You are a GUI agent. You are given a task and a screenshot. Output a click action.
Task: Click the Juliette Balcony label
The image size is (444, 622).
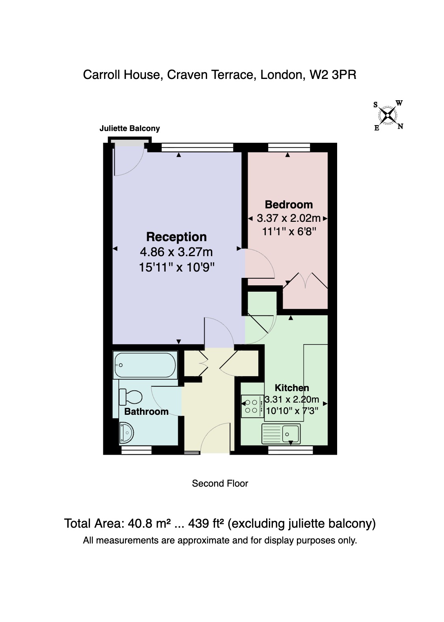(x=129, y=128)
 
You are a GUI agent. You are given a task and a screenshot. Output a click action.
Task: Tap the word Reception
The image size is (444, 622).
(x=176, y=237)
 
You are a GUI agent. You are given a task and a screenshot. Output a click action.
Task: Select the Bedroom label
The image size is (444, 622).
(x=289, y=204)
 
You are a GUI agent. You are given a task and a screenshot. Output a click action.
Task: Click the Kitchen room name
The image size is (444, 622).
(x=292, y=388)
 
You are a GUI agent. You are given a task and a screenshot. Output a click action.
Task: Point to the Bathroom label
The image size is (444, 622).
(x=146, y=412)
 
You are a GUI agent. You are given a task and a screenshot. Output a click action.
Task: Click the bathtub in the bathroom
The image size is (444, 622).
(x=145, y=365)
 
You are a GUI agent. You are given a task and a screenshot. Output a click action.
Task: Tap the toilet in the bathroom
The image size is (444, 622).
(x=131, y=397)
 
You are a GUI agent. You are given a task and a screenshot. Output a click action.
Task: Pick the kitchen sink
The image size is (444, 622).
(x=281, y=433)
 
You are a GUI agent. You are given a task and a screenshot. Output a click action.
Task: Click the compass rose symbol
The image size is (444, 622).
(x=388, y=115)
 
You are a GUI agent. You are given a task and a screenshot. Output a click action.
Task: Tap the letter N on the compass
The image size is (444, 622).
(x=400, y=127)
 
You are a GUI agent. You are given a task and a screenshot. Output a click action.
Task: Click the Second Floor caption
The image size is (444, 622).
(x=220, y=483)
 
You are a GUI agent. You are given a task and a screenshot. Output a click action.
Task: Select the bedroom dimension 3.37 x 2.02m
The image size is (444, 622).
(x=289, y=218)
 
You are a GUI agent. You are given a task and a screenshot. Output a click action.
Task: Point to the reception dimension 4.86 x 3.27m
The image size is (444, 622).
(x=176, y=252)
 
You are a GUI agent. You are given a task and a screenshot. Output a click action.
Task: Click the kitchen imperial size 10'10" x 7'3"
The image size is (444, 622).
(x=292, y=410)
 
